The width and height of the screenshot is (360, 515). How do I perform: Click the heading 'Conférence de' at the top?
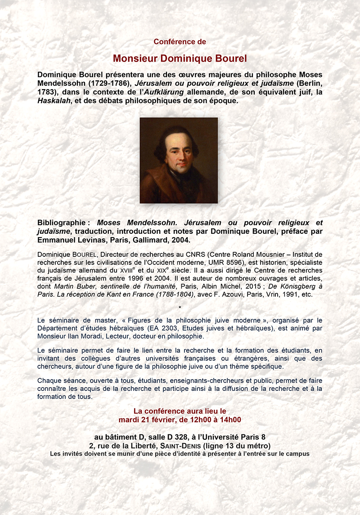point(180,42)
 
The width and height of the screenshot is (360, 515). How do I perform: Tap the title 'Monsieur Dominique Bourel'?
point(180,58)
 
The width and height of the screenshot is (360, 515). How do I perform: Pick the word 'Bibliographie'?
point(61,223)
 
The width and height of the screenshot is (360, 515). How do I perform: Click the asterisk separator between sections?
point(180,308)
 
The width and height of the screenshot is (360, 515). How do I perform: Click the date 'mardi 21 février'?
point(146,420)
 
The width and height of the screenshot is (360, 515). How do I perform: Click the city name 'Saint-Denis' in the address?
point(179,446)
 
